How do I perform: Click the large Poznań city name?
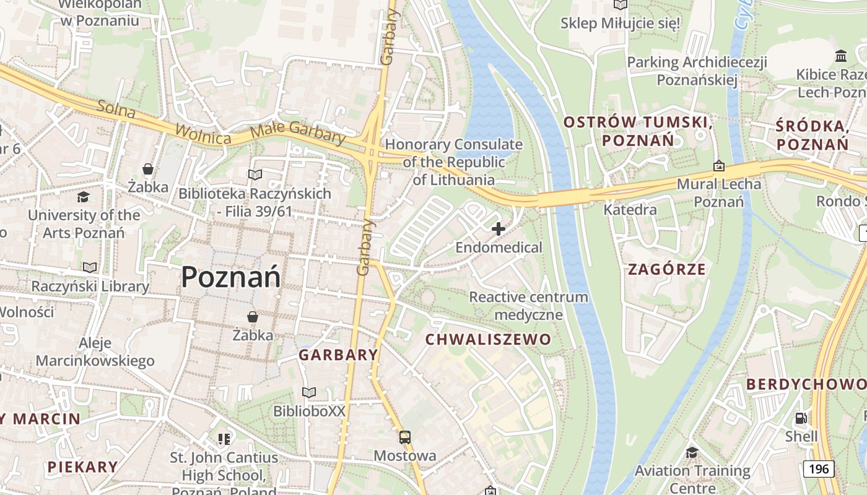[230, 277]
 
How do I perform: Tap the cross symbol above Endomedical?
[498, 230]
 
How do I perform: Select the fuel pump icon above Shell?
[801, 418]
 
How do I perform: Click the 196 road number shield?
[818, 469]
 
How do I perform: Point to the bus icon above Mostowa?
[404, 437]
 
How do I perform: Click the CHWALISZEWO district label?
[488, 339]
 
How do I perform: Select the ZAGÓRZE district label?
[666, 269]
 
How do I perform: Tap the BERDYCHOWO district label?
[806, 384]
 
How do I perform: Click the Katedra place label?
[630, 210]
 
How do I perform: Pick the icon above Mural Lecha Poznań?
[718, 166]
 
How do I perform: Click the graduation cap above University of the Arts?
[83, 197]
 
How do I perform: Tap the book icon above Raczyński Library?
[90, 267]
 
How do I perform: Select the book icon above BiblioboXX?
[308, 392]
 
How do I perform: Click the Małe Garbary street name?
[298, 134]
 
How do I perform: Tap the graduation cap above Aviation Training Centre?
[692, 453]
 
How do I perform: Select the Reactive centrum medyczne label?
[528, 306]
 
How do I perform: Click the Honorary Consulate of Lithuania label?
[454, 162]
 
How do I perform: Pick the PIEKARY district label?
[82, 467]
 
